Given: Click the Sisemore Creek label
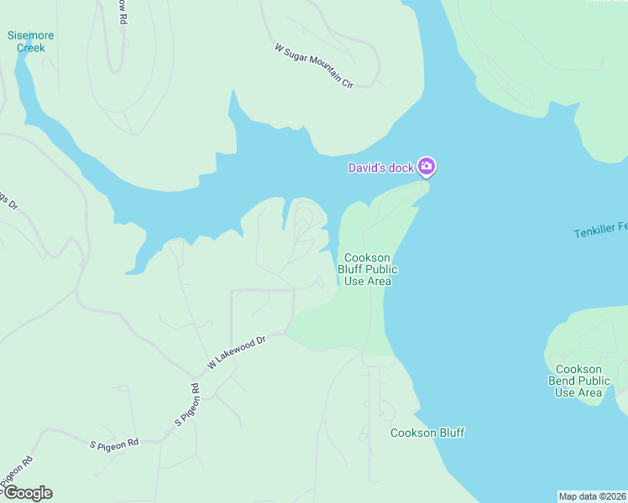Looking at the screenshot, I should tap(30, 41).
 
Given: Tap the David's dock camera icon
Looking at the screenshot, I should tap(427, 167).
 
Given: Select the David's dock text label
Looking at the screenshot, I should tap(381, 168).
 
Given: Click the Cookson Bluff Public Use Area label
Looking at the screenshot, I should tap(367, 269).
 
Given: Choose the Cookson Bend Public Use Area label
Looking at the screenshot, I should tap(578, 381).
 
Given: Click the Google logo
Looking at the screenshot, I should tap(28, 493).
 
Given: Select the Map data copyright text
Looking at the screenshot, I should tap(592, 496).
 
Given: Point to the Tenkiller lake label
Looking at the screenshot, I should tap(600, 230).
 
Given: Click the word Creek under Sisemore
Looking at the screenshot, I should tap(30, 48).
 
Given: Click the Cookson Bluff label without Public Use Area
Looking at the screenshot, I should tap(427, 433).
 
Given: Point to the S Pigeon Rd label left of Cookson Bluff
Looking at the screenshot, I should tap(114, 443).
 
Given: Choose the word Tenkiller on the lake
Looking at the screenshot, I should tap(595, 231).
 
